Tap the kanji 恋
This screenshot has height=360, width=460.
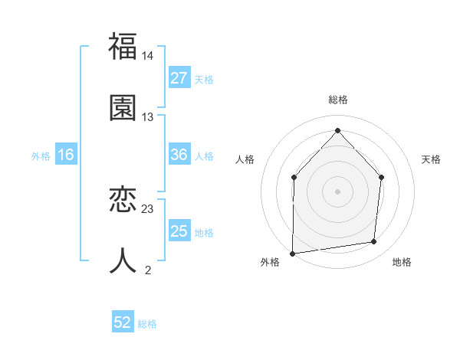click(123, 201)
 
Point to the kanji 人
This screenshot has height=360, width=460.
click(123, 260)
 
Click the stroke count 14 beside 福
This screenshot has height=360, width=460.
click(148, 56)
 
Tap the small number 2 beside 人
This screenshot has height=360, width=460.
click(148, 270)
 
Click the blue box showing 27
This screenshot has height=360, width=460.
click(179, 78)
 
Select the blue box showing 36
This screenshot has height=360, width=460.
click(179, 155)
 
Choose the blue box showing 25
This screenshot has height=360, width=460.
click(179, 231)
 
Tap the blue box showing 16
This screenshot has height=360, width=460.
click(66, 155)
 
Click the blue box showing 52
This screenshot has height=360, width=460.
click(123, 322)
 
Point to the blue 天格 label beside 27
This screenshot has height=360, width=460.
click(204, 79)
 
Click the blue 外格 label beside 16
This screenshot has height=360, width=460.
click(41, 155)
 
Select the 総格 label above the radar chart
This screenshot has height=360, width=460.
click(338, 100)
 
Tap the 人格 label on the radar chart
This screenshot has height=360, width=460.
click(245, 159)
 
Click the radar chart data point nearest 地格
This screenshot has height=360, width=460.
click(374, 242)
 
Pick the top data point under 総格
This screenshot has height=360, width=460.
click(337, 131)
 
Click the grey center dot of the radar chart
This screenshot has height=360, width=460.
click(337, 191)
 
